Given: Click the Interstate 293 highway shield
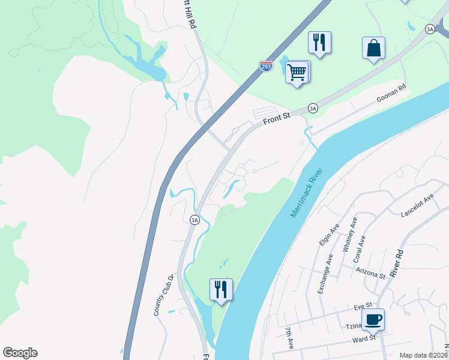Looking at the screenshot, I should pos(266,65).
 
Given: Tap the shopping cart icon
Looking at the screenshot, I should pos(297,72).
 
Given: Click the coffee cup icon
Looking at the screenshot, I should pos(373,319).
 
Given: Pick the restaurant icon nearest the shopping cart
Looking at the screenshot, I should pos(319,43).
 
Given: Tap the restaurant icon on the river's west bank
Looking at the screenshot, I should pos(221,289).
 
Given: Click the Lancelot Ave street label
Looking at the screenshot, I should pos(417,206).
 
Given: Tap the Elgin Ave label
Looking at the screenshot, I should pos(330,234).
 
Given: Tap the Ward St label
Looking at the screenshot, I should pos(364,338).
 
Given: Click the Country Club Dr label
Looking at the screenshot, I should pos(163,295).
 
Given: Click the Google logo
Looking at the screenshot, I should pos(20,353).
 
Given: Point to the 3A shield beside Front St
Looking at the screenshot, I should pos(313,108).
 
